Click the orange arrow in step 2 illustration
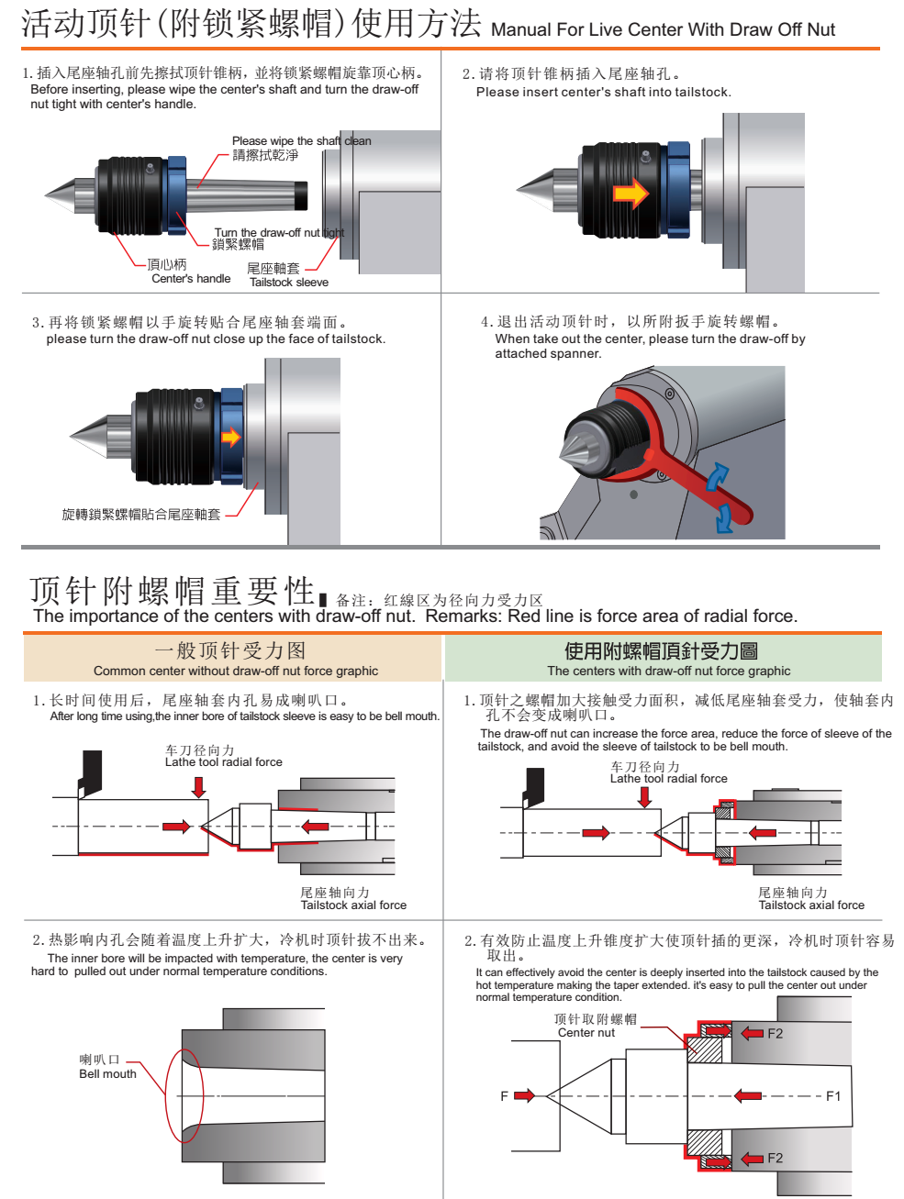(631, 193)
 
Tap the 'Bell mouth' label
(107, 1073)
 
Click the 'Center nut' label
(586, 1032)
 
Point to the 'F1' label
(833, 1095)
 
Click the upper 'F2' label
(776, 1033)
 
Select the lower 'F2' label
(776, 1158)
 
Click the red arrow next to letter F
(524, 1095)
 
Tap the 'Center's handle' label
(191, 278)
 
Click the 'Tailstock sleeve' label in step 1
(289, 282)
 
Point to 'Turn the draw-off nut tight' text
(279, 233)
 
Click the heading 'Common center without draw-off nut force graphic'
(236, 671)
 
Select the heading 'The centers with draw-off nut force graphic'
(668, 671)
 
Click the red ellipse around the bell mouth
(184, 1095)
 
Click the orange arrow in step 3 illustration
(231, 437)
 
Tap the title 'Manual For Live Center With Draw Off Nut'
(663, 29)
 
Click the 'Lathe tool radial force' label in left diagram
(224, 761)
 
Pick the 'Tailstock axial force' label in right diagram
(811, 905)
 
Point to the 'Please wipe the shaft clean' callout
(301, 140)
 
